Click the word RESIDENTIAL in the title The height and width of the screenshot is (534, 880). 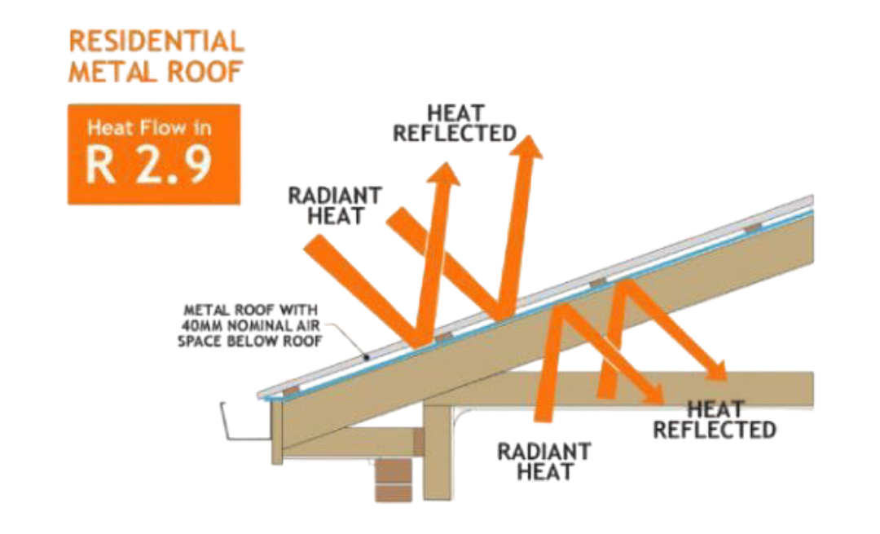click(156, 41)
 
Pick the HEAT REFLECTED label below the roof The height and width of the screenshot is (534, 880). click(715, 419)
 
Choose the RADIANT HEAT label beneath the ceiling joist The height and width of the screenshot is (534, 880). click(543, 460)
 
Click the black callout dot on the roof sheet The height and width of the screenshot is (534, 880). click(366, 357)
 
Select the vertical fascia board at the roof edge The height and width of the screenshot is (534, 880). click(276, 432)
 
